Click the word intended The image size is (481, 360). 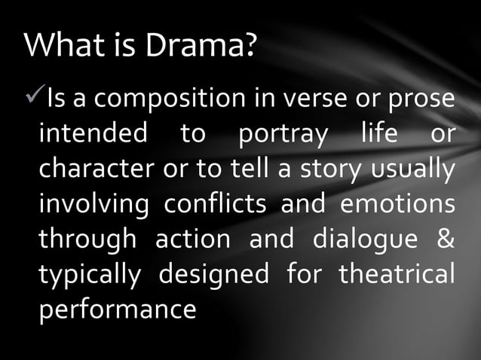[x=93, y=134]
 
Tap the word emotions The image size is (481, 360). [x=397, y=204]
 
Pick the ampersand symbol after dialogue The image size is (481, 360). [x=446, y=238]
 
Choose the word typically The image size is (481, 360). [x=89, y=274]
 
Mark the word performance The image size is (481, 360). [x=117, y=309]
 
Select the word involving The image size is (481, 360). [x=97, y=205]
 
